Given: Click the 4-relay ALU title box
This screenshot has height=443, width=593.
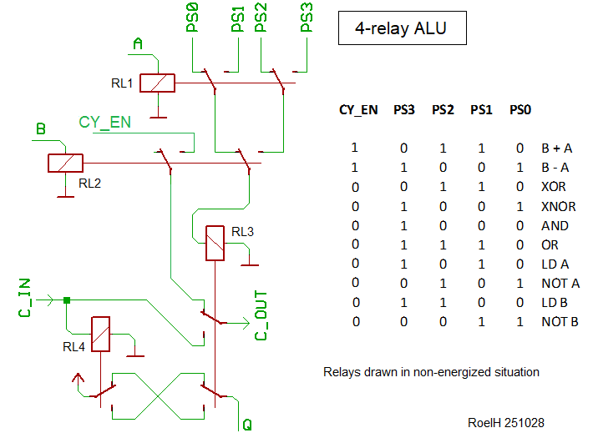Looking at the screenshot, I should click(x=401, y=29).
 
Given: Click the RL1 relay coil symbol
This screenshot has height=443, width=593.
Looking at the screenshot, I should click(x=157, y=83).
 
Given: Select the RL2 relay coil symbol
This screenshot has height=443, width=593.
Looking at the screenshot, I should click(x=65, y=163).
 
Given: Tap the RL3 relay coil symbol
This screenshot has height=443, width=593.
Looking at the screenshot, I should click(x=215, y=243).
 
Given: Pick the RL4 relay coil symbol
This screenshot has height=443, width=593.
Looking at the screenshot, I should click(x=101, y=334).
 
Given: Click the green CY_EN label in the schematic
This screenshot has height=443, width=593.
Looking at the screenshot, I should click(x=105, y=122).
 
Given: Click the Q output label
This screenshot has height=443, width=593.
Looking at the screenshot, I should click(x=247, y=425).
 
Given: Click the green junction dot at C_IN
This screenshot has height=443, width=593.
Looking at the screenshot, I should click(x=67, y=300).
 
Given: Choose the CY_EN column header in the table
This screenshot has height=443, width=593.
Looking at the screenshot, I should click(x=357, y=109).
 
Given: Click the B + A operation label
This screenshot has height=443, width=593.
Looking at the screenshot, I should click(x=556, y=148).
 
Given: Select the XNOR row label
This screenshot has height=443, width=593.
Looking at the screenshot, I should click(x=558, y=206).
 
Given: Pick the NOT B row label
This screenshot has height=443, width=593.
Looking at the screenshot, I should click(x=560, y=322).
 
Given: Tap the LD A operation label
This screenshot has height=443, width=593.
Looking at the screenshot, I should click(x=555, y=264).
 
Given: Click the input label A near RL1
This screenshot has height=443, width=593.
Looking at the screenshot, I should click(x=139, y=43).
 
